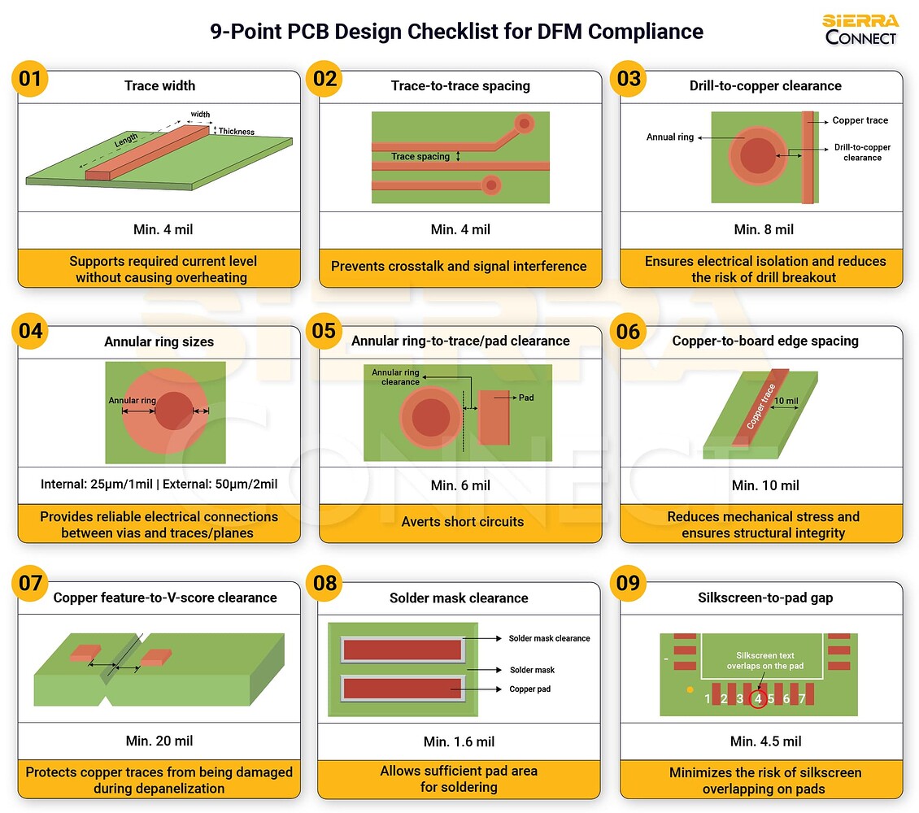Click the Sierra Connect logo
point(860,29)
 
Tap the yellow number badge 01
point(30,79)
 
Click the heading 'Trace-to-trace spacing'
point(459,85)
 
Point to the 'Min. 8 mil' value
point(764,229)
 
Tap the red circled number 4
point(757,698)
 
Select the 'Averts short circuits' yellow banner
point(462,521)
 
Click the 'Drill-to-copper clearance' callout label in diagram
point(862,152)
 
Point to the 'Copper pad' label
point(529,689)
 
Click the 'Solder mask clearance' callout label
point(549,638)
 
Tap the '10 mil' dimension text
point(786,401)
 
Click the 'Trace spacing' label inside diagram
point(420,156)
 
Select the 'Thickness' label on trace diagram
point(236,132)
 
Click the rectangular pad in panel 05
point(493,417)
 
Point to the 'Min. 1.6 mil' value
point(459,741)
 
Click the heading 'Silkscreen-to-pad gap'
point(765,598)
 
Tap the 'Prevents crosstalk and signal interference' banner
point(459,266)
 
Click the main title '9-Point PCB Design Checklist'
point(456,32)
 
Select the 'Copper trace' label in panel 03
point(860,120)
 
